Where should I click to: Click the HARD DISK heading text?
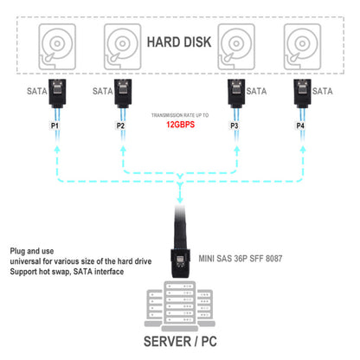coord(180,42)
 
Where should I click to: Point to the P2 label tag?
coord(120,126)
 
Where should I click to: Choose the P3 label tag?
coord(234,126)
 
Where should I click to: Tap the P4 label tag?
coord(301,126)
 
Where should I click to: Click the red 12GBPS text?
coord(179,125)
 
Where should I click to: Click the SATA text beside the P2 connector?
coord(102,90)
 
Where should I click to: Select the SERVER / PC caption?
coord(180,338)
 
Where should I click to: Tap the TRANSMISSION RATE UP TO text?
coord(179,114)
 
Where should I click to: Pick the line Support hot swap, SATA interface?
coord(67,272)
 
